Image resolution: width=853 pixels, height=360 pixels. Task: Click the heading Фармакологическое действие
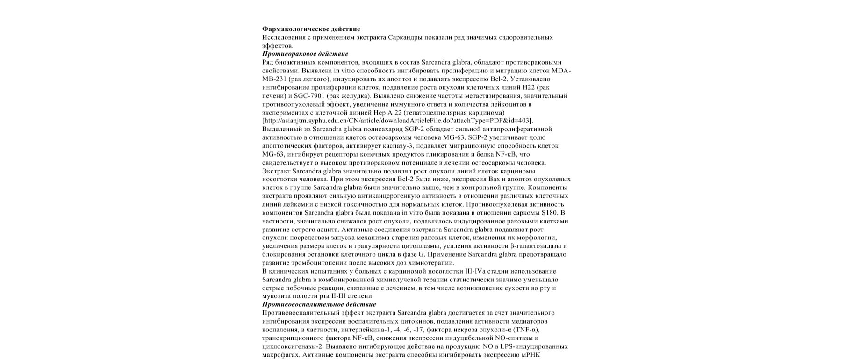click(x=311, y=29)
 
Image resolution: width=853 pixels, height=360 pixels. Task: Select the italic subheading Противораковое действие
click(x=305, y=54)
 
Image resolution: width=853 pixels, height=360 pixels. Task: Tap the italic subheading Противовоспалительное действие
click(x=319, y=304)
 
